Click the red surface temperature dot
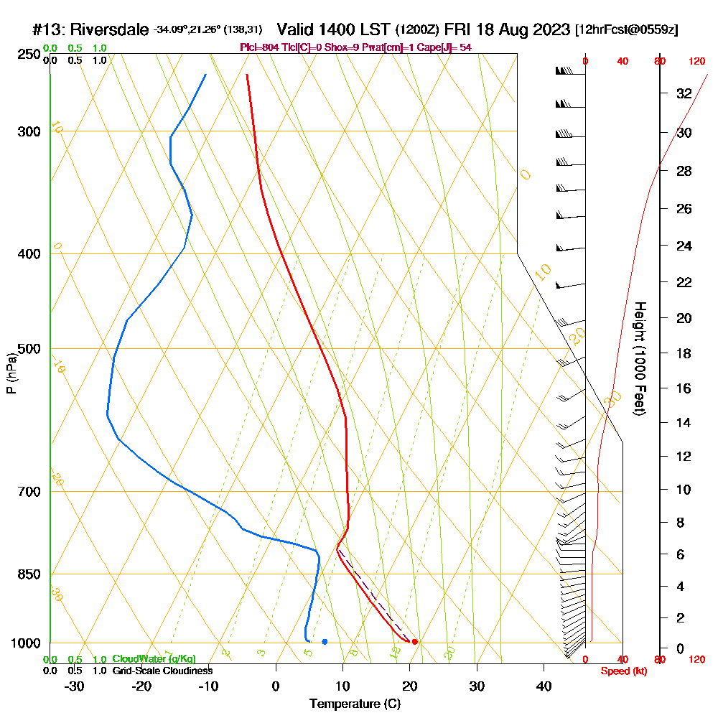tap(414, 642)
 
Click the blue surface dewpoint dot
tap(325, 641)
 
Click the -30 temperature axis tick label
tap(75, 686)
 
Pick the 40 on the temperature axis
tap(544, 686)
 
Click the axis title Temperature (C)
tap(355, 704)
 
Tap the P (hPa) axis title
tap(11, 373)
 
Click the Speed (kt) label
tap(622, 671)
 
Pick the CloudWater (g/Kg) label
tap(154, 659)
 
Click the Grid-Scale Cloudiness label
tap(162, 671)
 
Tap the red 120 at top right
tap(696, 62)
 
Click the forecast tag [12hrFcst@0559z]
tap(627, 30)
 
